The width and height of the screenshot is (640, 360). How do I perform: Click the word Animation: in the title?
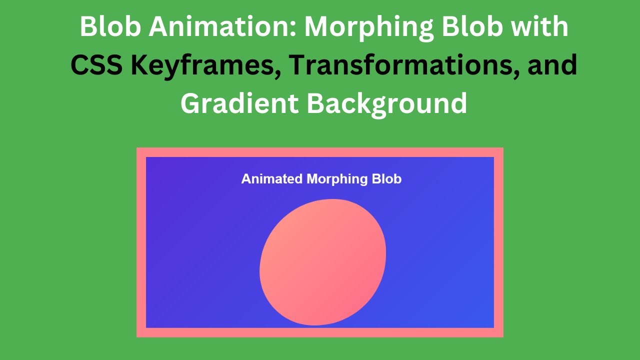[x=224, y=26]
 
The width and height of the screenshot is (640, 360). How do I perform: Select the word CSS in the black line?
[x=96, y=64]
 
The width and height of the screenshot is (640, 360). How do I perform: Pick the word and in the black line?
[x=552, y=64]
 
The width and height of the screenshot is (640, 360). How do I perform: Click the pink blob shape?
[x=323, y=262]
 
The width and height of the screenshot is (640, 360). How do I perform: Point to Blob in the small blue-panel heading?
[x=386, y=179]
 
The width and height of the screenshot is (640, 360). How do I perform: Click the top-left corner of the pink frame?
[x=137, y=147]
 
